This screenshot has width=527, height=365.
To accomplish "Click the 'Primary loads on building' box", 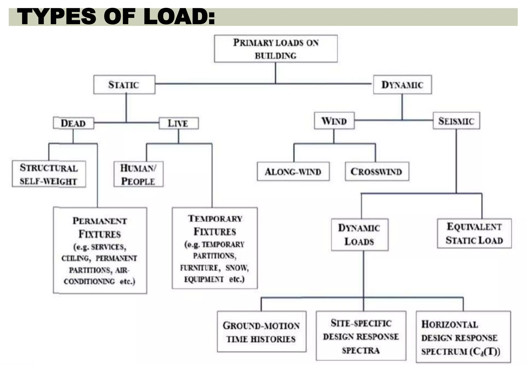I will coord(276,49).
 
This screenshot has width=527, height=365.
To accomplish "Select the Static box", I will coord(124,85).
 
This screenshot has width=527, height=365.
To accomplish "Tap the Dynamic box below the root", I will coord(402,85).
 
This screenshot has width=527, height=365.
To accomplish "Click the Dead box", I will coord(73,123).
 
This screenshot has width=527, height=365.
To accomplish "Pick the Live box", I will coord(178,123).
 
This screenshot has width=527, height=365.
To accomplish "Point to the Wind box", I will coord(334,121).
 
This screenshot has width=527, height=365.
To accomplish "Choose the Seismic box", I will coord(456,121).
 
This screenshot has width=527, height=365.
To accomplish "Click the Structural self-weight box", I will coord(49,174).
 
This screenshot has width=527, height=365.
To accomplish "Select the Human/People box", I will coord(138,174).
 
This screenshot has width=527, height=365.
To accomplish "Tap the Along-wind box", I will coord(293,171).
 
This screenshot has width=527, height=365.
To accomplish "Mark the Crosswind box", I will coord(377,171).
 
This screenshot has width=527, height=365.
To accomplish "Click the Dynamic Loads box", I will coord(359,234).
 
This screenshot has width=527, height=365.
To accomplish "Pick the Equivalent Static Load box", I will coord(474,233).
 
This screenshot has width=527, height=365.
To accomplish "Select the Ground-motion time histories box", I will coord(261,332).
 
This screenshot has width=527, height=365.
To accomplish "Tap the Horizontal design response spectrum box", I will coord(463,337).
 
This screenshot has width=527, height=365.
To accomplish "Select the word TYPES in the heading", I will coord(57,17).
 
